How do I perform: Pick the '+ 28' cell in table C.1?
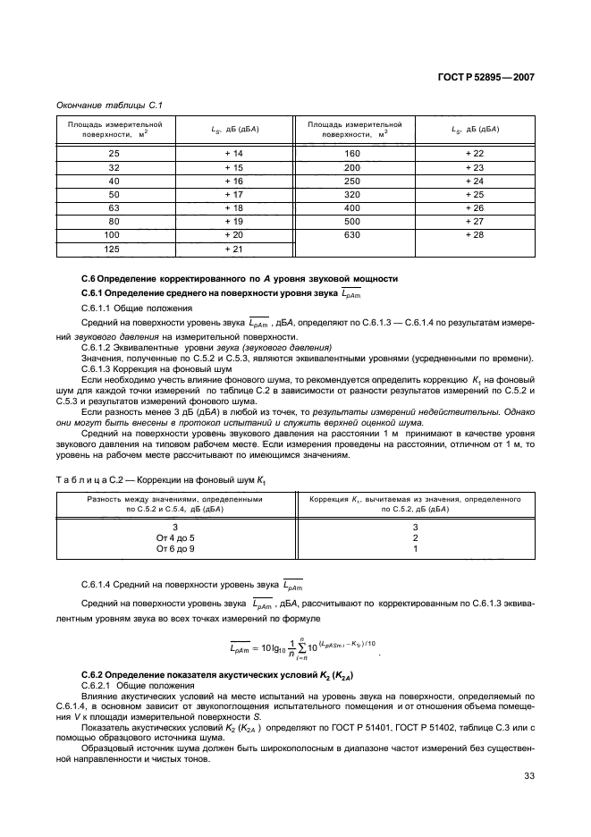pyautogui.click(x=474, y=234)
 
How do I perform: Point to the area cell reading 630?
pyautogui.click(x=351, y=234)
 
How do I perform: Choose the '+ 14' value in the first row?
pyautogui.click(x=233, y=154)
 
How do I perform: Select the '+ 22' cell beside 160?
pyautogui.click(x=474, y=154)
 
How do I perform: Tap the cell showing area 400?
pyautogui.click(x=351, y=207)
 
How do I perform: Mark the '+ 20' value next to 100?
pyautogui.click(x=233, y=234)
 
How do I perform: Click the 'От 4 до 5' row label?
pyautogui.click(x=174, y=537)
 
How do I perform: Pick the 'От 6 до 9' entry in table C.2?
pyautogui.click(x=174, y=549)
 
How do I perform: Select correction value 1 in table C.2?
pyautogui.click(x=415, y=549)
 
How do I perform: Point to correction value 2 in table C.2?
pyautogui.click(x=415, y=537)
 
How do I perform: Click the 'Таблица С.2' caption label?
pyautogui.click(x=92, y=481)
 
